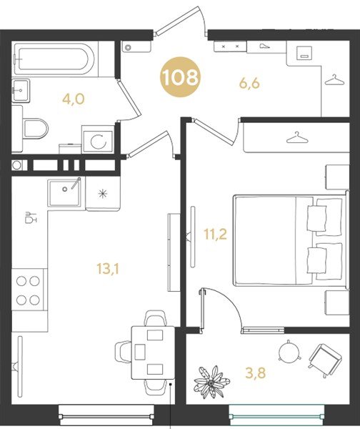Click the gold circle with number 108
tap(181, 78)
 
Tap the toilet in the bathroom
tap(34, 129)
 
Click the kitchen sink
tap(64, 191)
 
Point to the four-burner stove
tap(29, 290)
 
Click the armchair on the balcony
tap(325, 358)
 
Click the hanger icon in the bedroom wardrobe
tap(296, 137)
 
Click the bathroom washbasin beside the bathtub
tap(21, 91)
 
